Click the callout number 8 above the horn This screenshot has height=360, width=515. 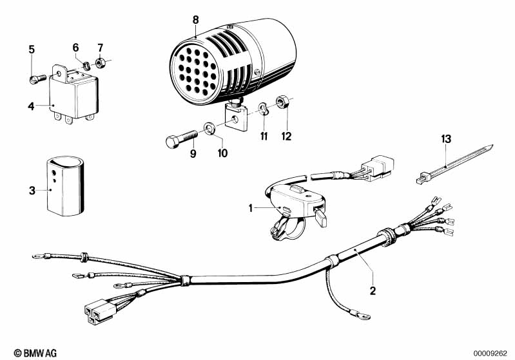click(196, 20)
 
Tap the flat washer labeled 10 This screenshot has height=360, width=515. click(209, 128)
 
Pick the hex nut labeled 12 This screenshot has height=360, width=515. click(282, 101)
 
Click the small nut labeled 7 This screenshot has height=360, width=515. click(100, 62)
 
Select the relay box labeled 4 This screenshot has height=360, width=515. click(73, 93)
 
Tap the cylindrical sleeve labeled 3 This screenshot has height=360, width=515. click(64, 185)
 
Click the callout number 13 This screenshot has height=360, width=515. click(446, 139)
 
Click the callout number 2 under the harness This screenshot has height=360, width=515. click(373, 290)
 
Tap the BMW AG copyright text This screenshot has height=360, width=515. click(35, 353)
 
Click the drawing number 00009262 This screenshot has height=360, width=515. click(490, 354)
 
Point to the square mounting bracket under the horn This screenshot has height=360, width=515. click(236, 117)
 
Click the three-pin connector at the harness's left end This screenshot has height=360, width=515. click(100, 311)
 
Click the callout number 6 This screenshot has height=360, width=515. click(75, 48)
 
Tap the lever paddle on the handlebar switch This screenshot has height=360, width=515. click(320, 218)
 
